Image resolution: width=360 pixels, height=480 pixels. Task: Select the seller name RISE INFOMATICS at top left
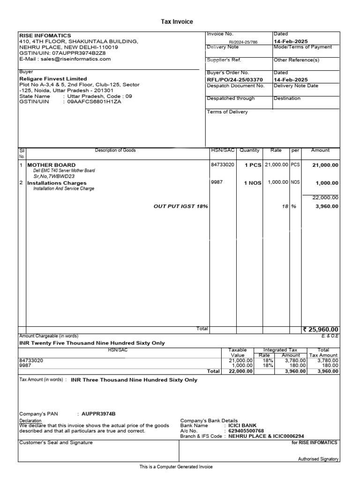pyautogui.click(x=45, y=36)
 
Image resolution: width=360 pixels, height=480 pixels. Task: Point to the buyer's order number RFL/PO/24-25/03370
pyautogui.click(x=235, y=79)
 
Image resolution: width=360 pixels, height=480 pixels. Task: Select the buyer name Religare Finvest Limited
pyautogui.click(x=53, y=79)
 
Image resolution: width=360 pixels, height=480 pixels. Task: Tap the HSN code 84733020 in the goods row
pyautogui.click(x=223, y=165)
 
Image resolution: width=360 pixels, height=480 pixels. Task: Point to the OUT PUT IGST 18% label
pyautogui.click(x=181, y=206)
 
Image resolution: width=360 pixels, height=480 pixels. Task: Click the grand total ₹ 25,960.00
pyautogui.click(x=321, y=330)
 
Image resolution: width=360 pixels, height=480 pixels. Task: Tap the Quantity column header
pyautogui.click(x=249, y=150)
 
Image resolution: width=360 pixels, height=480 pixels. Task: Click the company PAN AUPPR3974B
pyautogui.click(x=98, y=414)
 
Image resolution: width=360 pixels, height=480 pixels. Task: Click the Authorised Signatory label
pyautogui.click(x=318, y=459)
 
